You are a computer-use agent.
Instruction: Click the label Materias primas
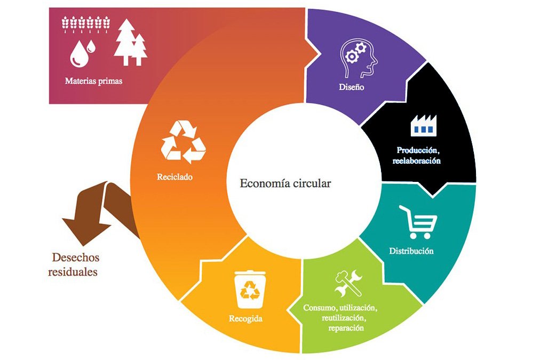[94, 82]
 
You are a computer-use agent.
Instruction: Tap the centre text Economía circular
[285, 183]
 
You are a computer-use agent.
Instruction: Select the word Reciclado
[174, 177]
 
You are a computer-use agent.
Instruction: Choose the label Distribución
[411, 251]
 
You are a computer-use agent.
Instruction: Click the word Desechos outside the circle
[75, 257]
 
